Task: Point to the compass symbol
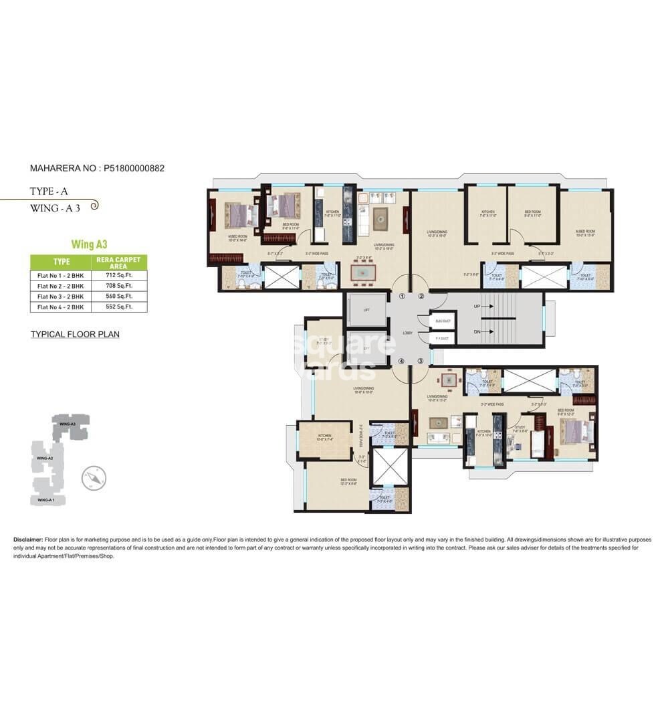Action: tap(94, 479)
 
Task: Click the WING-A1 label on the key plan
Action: tap(46, 500)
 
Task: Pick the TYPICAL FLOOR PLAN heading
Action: tap(75, 333)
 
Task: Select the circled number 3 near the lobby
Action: tap(421, 361)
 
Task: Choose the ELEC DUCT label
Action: tap(443, 321)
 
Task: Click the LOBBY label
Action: tap(407, 333)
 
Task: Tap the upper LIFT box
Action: tap(366, 309)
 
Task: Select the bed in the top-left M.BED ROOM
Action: tap(239, 216)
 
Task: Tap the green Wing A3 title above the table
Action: tap(90, 244)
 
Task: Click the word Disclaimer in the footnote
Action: tap(28, 539)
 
